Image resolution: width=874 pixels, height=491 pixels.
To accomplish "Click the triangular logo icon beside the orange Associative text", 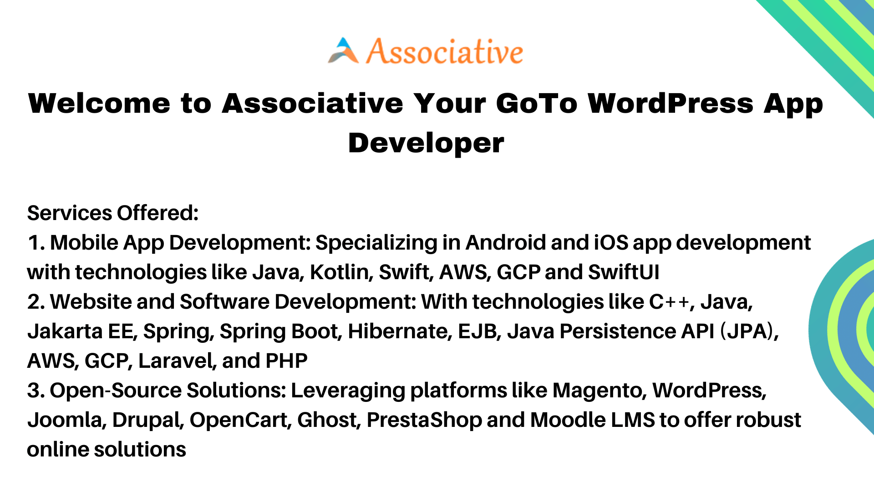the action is coord(343,50).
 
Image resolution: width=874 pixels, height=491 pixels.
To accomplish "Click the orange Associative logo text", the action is coord(445,51).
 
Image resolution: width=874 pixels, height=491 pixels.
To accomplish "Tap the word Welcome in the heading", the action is coord(99,103).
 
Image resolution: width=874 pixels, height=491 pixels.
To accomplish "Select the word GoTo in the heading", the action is coord(537,103).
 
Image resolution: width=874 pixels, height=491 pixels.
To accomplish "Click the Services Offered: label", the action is coord(113,213).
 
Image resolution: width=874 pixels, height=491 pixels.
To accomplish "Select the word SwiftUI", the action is coord(624,272).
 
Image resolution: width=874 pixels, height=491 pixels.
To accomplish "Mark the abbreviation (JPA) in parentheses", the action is coord(749,331).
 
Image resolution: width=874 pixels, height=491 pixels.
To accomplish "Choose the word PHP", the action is coord(286,361).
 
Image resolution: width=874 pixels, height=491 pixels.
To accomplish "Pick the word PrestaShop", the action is coord(424,420).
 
